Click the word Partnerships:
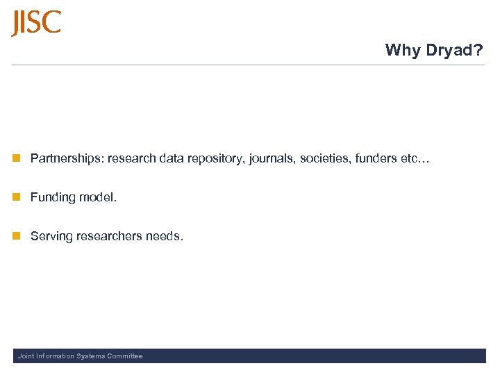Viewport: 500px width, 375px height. [x=67, y=158]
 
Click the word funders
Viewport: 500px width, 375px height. [x=376, y=158]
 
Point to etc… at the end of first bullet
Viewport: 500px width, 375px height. [x=415, y=158]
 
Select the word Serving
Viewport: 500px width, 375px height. [x=51, y=236]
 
